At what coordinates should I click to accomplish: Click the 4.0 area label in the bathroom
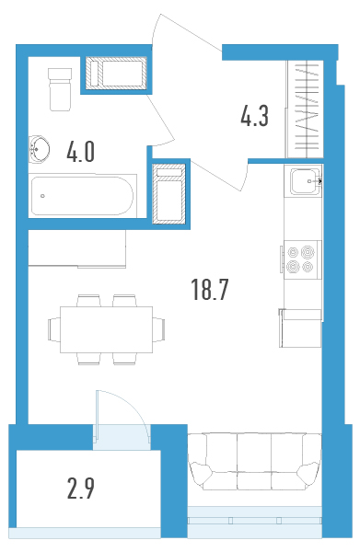coord(81,153)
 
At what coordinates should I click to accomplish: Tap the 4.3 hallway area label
coord(255,116)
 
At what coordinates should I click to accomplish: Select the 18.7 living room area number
coord(210,290)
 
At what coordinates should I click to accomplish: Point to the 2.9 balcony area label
coord(81,489)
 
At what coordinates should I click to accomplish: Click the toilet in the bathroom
coord(60,89)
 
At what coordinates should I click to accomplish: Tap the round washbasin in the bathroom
coord(39,149)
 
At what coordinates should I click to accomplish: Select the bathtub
coord(83,196)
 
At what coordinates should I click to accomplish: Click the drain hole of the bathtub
coord(42,196)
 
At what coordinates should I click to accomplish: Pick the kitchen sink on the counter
coord(306,181)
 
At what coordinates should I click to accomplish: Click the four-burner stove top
coord(301,259)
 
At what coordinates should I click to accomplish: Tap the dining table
coord(107,329)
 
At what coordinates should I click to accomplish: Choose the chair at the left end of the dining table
coord(54,329)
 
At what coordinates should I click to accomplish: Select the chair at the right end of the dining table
coord(159,329)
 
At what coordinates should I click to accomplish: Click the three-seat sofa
coord(254,461)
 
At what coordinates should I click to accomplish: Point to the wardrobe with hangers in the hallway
coord(305,109)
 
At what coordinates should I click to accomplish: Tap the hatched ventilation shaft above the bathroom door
coord(116,74)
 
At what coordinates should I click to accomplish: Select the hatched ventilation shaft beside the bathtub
coord(168,193)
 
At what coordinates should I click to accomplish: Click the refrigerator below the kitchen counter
coord(300,328)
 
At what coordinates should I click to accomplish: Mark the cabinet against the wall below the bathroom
coord(77,248)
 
